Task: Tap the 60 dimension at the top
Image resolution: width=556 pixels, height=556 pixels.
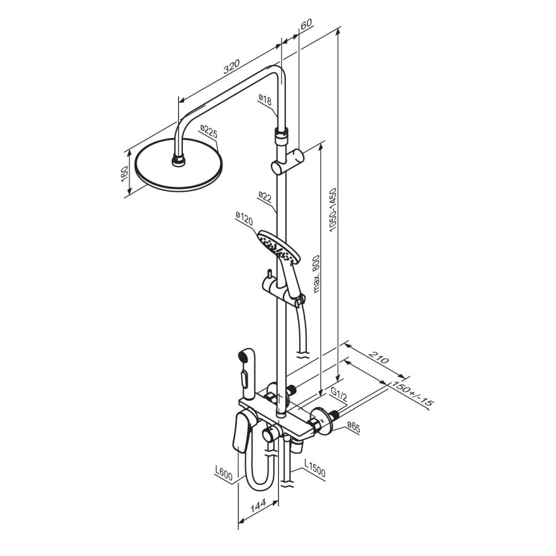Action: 306,24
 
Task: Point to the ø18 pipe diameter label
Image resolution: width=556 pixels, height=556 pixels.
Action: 265,99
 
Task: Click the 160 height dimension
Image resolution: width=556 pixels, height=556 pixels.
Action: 125,174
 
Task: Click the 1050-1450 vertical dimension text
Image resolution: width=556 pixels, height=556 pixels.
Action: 332,210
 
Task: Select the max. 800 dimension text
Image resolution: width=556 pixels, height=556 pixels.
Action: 316,274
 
